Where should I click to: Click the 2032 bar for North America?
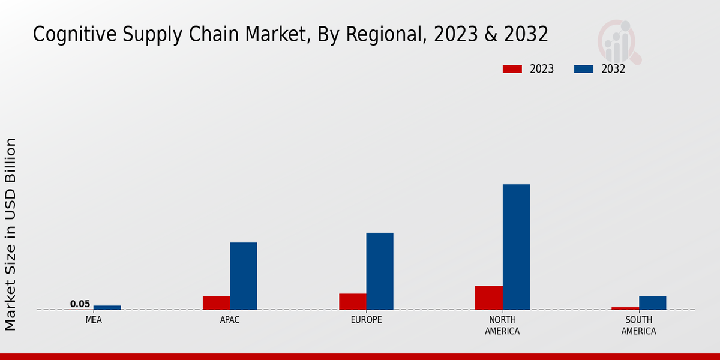click(x=516, y=247)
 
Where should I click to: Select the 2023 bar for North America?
click(x=488, y=298)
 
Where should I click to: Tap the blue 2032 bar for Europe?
click(x=380, y=271)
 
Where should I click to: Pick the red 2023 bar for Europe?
click(x=352, y=302)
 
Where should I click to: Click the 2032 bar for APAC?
click(x=243, y=276)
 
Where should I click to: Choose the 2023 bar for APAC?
click(x=216, y=303)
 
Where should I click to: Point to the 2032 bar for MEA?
click(x=107, y=308)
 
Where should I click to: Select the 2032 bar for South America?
click(x=652, y=303)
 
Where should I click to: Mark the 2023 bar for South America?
click(x=625, y=308)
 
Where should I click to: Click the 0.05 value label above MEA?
click(x=80, y=304)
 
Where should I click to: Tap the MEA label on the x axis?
click(x=94, y=320)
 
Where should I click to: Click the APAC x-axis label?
click(x=230, y=320)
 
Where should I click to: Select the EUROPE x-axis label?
click(x=366, y=320)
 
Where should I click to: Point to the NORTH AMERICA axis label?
click(x=502, y=326)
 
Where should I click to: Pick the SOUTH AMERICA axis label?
click(x=638, y=326)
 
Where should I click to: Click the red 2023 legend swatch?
click(x=512, y=69)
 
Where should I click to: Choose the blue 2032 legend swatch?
click(x=583, y=69)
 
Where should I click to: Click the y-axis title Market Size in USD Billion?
click(x=11, y=234)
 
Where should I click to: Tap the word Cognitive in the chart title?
click(x=68, y=35)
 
